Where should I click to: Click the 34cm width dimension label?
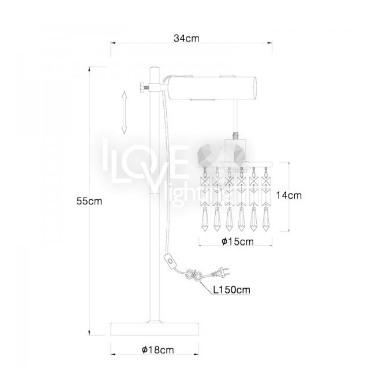click(x=186, y=38)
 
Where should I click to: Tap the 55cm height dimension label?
click(x=89, y=201)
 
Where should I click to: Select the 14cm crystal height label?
click(x=288, y=195)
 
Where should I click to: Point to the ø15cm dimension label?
click(x=238, y=241)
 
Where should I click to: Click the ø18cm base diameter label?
click(x=157, y=349)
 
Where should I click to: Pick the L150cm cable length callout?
click(x=231, y=289)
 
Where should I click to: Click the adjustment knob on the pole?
click(x=144, y=88)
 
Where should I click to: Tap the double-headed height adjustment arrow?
click(x=124, y=113)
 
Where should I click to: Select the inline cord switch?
click(x=170, y=261)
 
